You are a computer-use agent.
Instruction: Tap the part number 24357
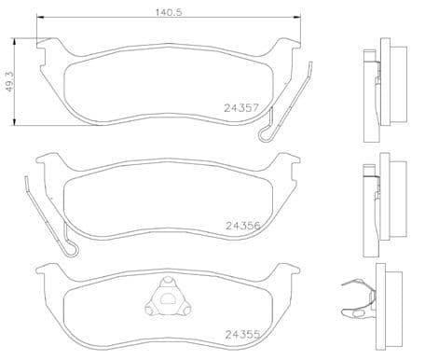240,107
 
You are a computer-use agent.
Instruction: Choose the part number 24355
241,334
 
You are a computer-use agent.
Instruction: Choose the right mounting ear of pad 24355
287,274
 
